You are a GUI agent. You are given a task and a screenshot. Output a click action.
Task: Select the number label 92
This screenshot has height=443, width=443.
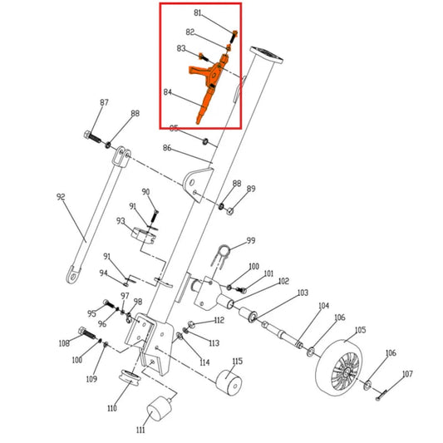pos(61,197)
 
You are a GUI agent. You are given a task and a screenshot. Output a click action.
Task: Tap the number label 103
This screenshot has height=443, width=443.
pos(303,293)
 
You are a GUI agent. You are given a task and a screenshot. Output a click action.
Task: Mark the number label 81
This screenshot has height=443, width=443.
pos(198,13)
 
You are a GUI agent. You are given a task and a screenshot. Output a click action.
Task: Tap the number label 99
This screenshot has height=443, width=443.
pos(250,242)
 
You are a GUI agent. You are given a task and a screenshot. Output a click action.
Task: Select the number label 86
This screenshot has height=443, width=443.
pos(167,148)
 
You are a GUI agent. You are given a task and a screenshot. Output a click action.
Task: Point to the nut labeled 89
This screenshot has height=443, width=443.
pos(232,208)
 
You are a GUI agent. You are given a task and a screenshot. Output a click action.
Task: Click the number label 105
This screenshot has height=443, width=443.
pos(359,330)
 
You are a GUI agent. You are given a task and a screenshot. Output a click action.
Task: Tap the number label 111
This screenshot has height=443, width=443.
pos(141,431)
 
